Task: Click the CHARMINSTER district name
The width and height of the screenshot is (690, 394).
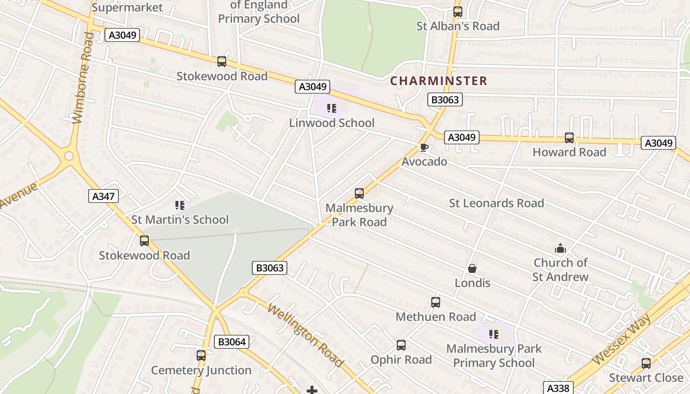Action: (439, 81)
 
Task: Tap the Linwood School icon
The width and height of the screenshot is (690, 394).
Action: (332, 108)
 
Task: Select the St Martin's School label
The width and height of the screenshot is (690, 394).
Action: (180, 220)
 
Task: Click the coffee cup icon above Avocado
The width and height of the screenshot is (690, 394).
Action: (424, 147)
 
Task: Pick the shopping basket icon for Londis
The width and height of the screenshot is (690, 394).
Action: (472, 268)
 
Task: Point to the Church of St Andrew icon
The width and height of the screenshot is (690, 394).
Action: (560, 248)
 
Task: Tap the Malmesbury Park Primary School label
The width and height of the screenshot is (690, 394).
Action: (494, 356)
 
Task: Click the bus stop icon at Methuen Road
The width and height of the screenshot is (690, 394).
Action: (436, 302)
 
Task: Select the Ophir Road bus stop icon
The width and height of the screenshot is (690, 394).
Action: (401, 345)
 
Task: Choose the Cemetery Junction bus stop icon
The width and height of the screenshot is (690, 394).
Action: (201, 356)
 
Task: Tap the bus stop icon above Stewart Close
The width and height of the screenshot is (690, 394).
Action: (646, 363)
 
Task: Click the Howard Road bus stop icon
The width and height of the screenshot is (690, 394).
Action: (569, 138)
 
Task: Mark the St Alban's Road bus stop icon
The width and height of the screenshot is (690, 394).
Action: (458, 12)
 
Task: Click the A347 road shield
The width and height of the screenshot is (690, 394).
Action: (104, 197)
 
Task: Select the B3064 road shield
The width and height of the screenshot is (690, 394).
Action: (231, 342)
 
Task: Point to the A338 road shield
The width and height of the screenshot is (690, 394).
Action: (558, 388)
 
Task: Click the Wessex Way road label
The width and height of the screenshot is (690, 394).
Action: (623, 339)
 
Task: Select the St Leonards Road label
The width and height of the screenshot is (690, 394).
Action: (496, 203)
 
